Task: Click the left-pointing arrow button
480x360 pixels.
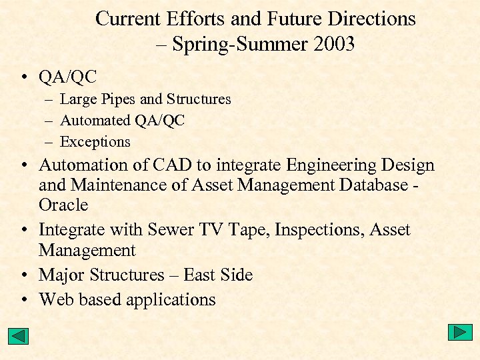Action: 19,336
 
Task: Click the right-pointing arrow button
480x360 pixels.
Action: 460,332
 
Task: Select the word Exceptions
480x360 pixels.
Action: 95,142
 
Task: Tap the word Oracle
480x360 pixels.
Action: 63,205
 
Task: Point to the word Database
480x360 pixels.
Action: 370,185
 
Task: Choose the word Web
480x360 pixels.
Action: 56,300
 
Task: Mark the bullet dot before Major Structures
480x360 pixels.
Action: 23,275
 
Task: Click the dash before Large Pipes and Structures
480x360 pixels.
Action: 51,100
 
